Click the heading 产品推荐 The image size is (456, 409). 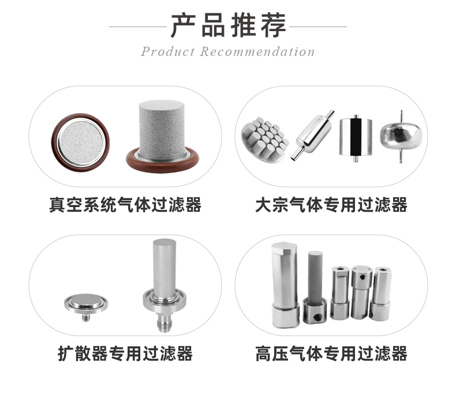(x=228, y=25)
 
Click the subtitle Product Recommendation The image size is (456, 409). (x=228, y=51)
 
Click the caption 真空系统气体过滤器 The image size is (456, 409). (x=125, y=204)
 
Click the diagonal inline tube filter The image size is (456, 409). (x=312, y=136)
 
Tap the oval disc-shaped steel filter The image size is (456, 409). (x=401, y=136)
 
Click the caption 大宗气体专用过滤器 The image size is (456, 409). (x=331, y=204)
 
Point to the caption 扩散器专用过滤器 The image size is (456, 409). (x=125, y=353)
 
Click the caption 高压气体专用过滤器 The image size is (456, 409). (x=331, y=353)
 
